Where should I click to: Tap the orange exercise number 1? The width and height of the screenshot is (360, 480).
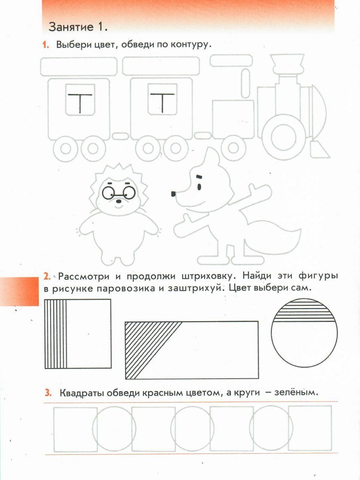point(46,45)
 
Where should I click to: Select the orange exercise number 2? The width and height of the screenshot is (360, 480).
point(47,276)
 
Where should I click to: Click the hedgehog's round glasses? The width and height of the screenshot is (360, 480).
point(119,193)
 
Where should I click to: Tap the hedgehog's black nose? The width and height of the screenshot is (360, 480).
point(119,201)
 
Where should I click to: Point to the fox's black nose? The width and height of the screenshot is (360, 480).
point(173,194)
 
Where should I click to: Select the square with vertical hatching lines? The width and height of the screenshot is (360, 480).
point(78,334)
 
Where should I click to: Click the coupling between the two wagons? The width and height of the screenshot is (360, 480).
point(120,136)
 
